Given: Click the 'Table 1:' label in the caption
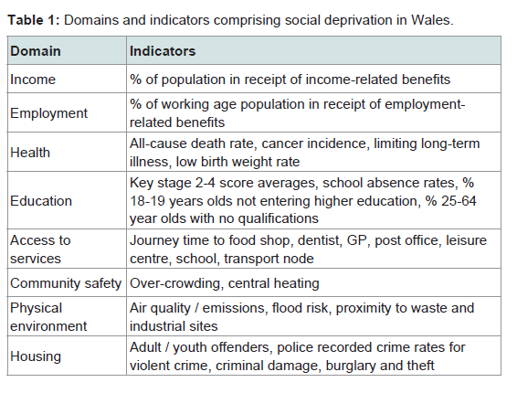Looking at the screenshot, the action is click(x=34, y=20).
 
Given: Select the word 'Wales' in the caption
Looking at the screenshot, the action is click(x=430, y=20).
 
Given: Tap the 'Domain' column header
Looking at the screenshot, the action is click(x=36, y=51).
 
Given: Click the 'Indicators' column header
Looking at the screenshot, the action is click(x=163, y=51).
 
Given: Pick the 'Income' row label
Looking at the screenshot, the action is click(x=33, y=80).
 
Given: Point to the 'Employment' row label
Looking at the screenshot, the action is click(x=48, y=113).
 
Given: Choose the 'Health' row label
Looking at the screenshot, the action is click(x=30, y=153).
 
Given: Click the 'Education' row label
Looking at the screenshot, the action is click(x=41, y=201).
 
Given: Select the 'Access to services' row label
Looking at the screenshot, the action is click(x=40, y=250).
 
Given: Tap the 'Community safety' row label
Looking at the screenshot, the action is click(x=66, y=283).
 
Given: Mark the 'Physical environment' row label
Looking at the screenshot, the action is click(x=48, y=317).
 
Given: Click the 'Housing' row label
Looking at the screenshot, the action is click(x=36, y=356).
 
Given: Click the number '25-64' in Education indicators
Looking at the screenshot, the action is click(x=459, y=201).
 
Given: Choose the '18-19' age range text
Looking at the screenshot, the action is click(x=147, y=201).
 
